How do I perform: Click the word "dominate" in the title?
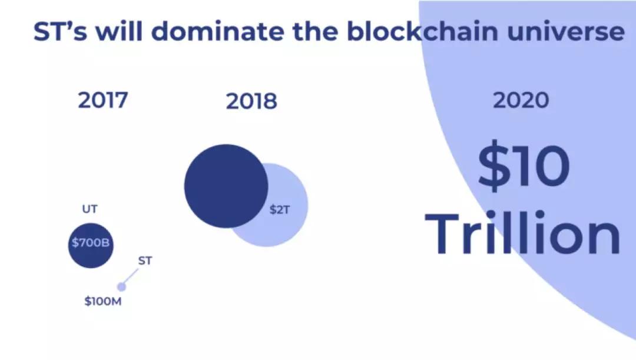click(x=217, y=31)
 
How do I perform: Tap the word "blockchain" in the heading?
click(x=422, y=31)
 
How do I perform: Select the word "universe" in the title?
click(x=567, y=32)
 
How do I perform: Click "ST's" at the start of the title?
click(x=60, y=31)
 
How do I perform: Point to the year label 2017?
click(x=102, y=100)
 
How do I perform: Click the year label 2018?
click(x=251, y=101)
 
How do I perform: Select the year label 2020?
click(x=521, y=100)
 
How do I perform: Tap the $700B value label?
click(x=91, y=243)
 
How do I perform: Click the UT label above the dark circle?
click(x=90, y=209)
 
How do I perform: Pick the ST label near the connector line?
click(x=145, y=260)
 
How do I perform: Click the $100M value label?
click(x=102, y=301)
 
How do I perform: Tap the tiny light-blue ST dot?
click(x=121, y=287)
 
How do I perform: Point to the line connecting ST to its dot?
click(x=130, y=277)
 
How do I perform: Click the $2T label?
click(x=280, y=210)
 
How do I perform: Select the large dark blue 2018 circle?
click(x=226, y=186)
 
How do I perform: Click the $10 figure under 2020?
click(x=524, y=166)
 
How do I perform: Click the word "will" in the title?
click(x=119, y=31)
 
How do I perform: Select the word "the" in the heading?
click(x=315, y=31)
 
